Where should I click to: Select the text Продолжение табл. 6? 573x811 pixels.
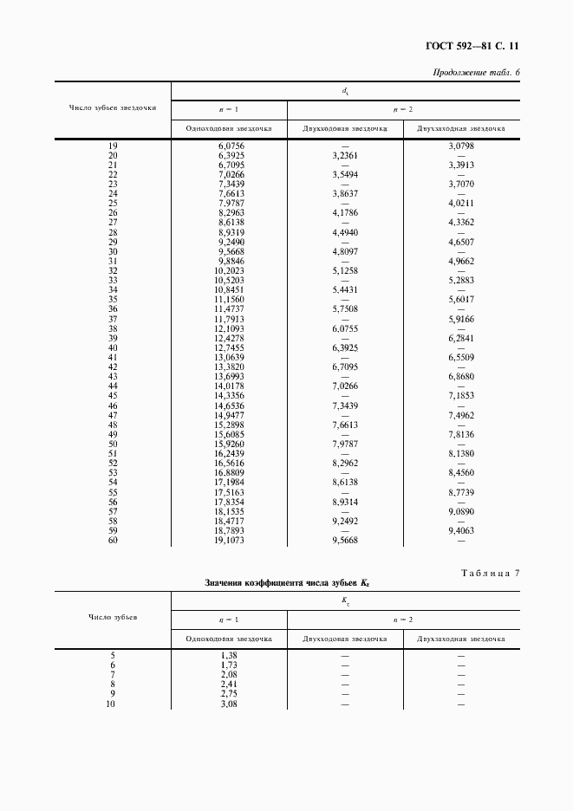[476, 72]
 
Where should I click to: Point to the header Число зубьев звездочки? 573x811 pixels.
[113, 108]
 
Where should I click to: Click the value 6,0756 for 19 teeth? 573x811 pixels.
[231, 146]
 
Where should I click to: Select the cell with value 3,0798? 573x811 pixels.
[460, 146]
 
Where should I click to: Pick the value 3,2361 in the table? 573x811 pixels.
[345, 156]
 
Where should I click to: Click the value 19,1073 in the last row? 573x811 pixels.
[231, 540]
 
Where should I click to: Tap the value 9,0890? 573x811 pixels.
[460, 511]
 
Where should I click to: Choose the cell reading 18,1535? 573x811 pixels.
[231, 511]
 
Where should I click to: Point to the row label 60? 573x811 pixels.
[113, 540]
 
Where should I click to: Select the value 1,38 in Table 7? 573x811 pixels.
[229, 654]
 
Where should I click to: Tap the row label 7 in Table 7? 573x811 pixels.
[113, 673]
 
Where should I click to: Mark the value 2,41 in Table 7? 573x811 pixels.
[229, 684]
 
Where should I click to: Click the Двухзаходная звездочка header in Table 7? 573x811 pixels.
[460, 639]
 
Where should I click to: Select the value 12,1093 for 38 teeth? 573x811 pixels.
[231, 328]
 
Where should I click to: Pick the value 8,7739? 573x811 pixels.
[460, 491]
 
